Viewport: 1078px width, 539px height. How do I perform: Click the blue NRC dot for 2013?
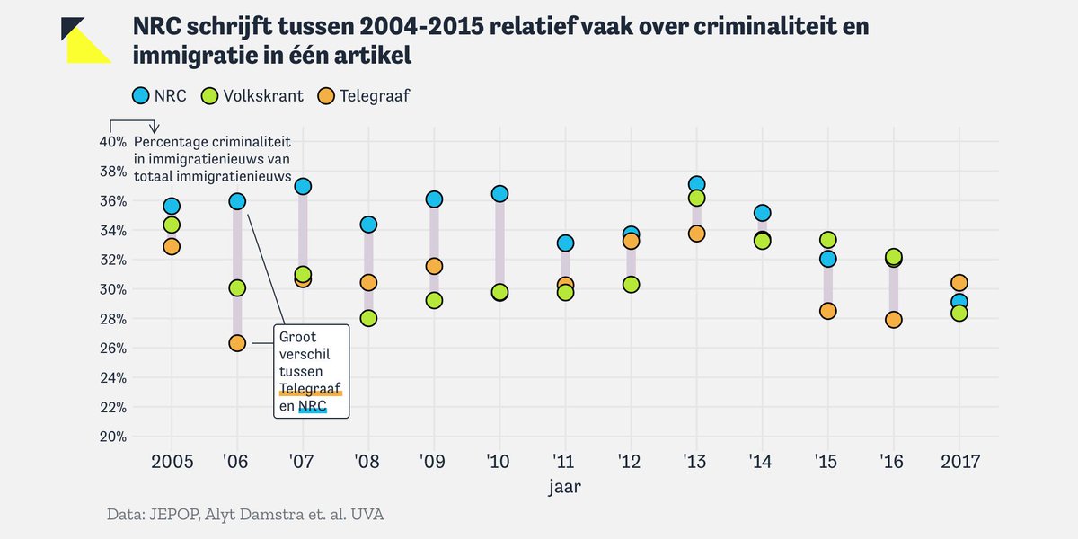(x=696, y=184)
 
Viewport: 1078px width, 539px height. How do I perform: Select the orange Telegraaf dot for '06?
(x=237, y=343)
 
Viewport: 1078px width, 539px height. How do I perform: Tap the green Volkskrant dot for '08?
(x=368, y=318)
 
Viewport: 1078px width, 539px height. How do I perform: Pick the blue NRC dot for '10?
(x=499, y=194)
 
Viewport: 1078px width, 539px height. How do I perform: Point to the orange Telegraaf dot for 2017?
(x=959, y=283)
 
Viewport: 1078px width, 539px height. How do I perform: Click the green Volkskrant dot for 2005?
(x=172, y=225)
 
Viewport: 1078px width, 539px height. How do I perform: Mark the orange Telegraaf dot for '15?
(x=827, y=311)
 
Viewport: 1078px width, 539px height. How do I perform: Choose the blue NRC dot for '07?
(x=303, y=186)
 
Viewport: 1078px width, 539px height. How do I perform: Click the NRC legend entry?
(x=159, y=95)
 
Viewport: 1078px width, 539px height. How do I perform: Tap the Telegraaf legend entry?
(x=363, y=95)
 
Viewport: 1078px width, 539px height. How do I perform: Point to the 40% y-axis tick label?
(x=112, y=142)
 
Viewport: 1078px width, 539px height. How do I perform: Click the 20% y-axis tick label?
(x=112, y=437)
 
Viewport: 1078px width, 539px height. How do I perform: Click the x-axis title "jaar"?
(x=565, y=488)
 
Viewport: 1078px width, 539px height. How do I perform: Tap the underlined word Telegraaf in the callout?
(x=311, y=387)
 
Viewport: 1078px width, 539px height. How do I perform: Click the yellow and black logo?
(x=86, y=40)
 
